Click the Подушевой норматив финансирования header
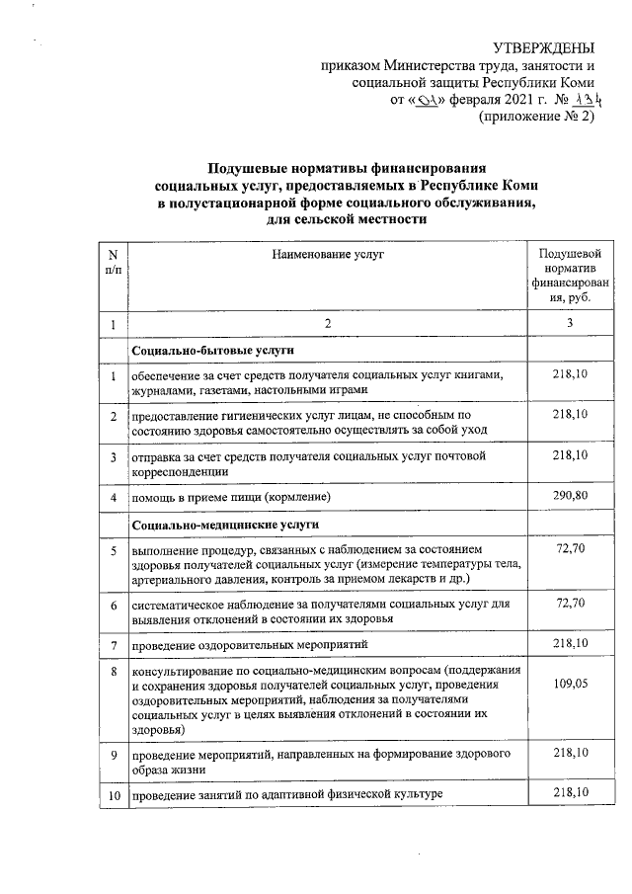[x=564, y=276]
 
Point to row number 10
[x=114, y=794]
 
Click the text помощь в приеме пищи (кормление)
[x=231, y=496]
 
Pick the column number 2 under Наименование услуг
[x=328, y=324]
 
